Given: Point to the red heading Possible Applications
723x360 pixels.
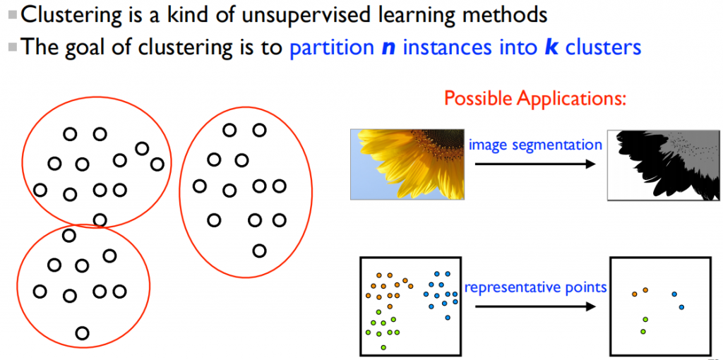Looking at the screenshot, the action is click(x=536, y=98).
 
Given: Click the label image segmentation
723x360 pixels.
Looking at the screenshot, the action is click(x=535, y=145).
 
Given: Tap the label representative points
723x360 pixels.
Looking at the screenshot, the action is click(x=535, y=287).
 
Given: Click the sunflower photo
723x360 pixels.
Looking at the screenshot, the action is click(x=407, y=164).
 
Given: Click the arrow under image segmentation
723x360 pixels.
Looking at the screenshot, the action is click(x=535, y=163).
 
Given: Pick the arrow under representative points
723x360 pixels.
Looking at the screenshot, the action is click(x=535, y=306).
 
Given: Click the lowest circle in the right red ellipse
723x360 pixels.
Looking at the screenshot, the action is click(x=260, y=251).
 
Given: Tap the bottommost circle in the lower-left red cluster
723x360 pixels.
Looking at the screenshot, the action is click(x=82, y=332).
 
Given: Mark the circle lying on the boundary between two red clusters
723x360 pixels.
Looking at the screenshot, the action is click(x=100, y=220).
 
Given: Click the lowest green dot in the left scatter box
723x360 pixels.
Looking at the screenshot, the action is click(x=383, y=347).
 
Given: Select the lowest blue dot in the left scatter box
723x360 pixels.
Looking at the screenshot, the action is click(x=448, y=318).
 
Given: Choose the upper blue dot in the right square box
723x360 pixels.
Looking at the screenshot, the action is click(x=674, y=294).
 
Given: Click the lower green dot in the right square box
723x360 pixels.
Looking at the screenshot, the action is click(x=643, y=332).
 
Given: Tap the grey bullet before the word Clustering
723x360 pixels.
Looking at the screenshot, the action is click(x=13, y=15).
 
